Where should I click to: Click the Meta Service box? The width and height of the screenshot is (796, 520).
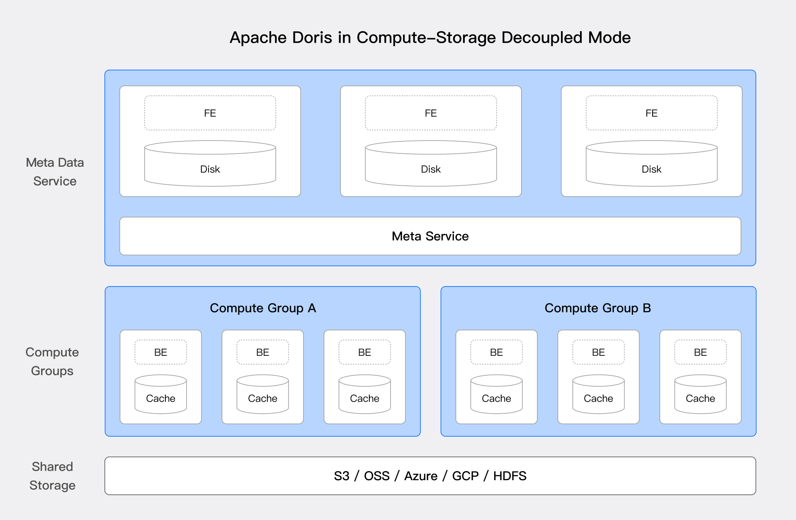coord(430,236)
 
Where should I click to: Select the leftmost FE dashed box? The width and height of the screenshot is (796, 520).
coord(210,113)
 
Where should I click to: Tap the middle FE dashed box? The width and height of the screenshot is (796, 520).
coord(430,113)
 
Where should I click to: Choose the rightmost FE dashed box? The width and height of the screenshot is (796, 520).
coord(651,113)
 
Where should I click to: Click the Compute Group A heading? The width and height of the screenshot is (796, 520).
coord(262,308)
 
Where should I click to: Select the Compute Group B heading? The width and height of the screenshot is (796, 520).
coord(597,308)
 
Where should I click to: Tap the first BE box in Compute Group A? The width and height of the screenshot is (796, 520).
coord(160,352)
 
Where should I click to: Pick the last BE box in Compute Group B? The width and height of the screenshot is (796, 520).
coord(700,352)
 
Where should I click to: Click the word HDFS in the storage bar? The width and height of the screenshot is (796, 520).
coord(510,476)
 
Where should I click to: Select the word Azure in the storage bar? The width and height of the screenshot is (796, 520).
coord(420,476)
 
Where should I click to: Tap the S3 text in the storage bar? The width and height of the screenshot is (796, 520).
coord(341,476)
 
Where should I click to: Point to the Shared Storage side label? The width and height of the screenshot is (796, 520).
coord(52,476)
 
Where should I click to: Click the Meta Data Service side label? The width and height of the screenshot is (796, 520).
coord(55,172)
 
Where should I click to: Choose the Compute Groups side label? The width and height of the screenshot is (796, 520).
coord(52,361)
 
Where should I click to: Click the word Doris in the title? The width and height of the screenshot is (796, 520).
coord(312,37)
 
